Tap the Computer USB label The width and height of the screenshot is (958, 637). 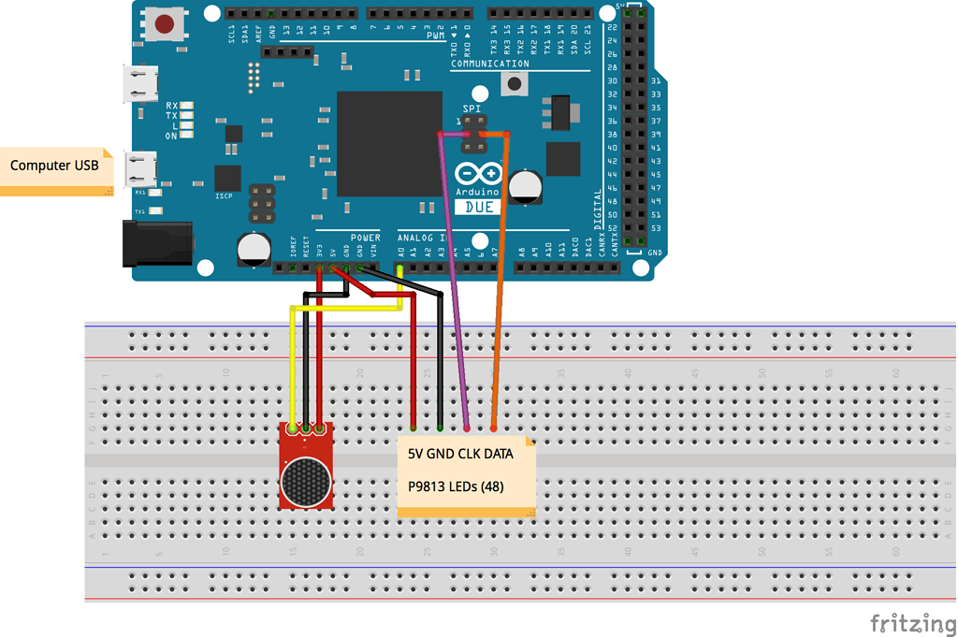(54, 166)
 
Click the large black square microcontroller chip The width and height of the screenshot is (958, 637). (389, 143)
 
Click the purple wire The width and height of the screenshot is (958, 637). (455, 281)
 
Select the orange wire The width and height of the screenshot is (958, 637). (501, 281)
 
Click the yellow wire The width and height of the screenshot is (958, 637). (294, 365)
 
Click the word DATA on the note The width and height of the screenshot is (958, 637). (497, 455)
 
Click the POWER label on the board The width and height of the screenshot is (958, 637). (365, 238)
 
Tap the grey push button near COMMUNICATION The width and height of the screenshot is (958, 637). (514, 85)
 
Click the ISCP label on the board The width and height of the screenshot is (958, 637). (224, 196)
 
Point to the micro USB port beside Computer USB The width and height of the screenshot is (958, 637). (143, 170)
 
